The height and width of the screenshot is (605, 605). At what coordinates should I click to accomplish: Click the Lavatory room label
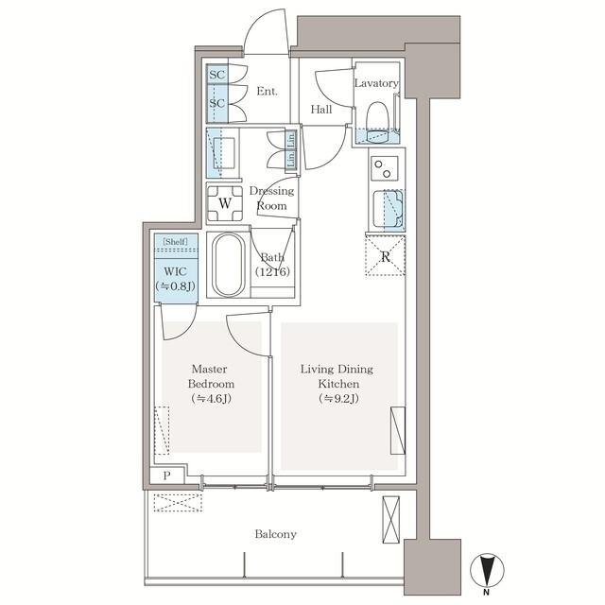(x=376, y=83)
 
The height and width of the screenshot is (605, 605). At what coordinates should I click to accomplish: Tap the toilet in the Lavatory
(x=376, y=122)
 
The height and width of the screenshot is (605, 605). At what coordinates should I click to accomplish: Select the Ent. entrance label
(x=267, y=92)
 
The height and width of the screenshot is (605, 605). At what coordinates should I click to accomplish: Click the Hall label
(x=321, y=110)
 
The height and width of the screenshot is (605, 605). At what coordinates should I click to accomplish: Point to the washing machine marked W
(x=225, y=203)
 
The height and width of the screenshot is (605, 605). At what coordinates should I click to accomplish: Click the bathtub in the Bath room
(x=230, y=265)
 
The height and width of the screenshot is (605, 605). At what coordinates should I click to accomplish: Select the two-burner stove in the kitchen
(x=385, y=169)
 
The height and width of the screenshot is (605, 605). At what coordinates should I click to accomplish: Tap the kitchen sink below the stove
(x=388, y=210)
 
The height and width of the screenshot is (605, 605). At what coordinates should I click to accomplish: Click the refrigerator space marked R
(x=385, y=255)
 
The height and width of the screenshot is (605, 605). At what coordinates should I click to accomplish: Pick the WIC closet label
(x=176, y=271)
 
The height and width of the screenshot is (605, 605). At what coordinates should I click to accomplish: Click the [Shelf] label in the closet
(x=175, y=242)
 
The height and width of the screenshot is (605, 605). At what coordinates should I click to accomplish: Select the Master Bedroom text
(x=211, y=376)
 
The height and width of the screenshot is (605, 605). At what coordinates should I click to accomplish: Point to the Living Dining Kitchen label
(x=337, y=376)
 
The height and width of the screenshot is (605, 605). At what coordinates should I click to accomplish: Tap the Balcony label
(x=275, y=534)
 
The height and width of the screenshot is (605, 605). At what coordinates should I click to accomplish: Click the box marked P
(x=166, y=475)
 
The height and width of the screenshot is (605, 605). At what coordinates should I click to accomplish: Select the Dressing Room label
(x=271, y=199)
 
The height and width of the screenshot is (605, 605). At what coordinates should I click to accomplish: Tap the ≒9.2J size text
(x=338, y=399)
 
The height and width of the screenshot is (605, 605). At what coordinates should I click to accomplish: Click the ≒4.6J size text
(x=211, y=399)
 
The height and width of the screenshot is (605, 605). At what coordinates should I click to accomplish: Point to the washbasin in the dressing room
(x=223, y=153)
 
